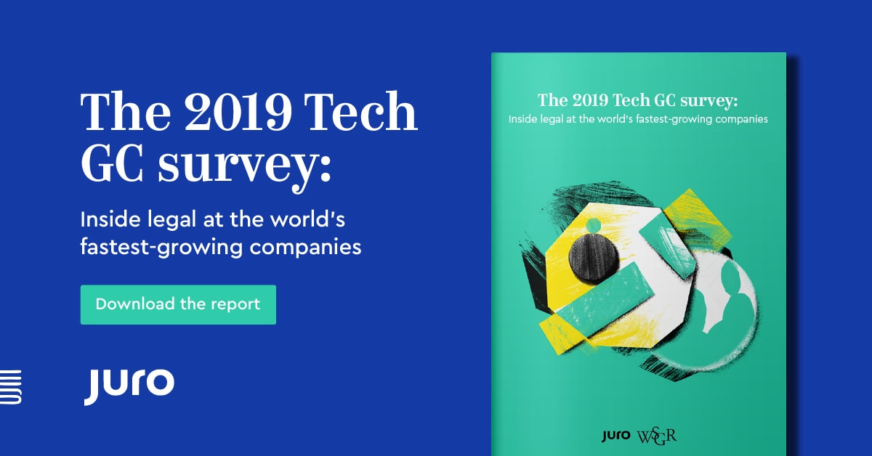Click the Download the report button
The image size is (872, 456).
point(178,304)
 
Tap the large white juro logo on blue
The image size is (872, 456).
point(129,385)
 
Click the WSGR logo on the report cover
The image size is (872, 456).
point(658,436)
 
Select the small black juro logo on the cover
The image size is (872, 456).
point(617,436)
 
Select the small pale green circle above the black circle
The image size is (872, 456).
point(593,226)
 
